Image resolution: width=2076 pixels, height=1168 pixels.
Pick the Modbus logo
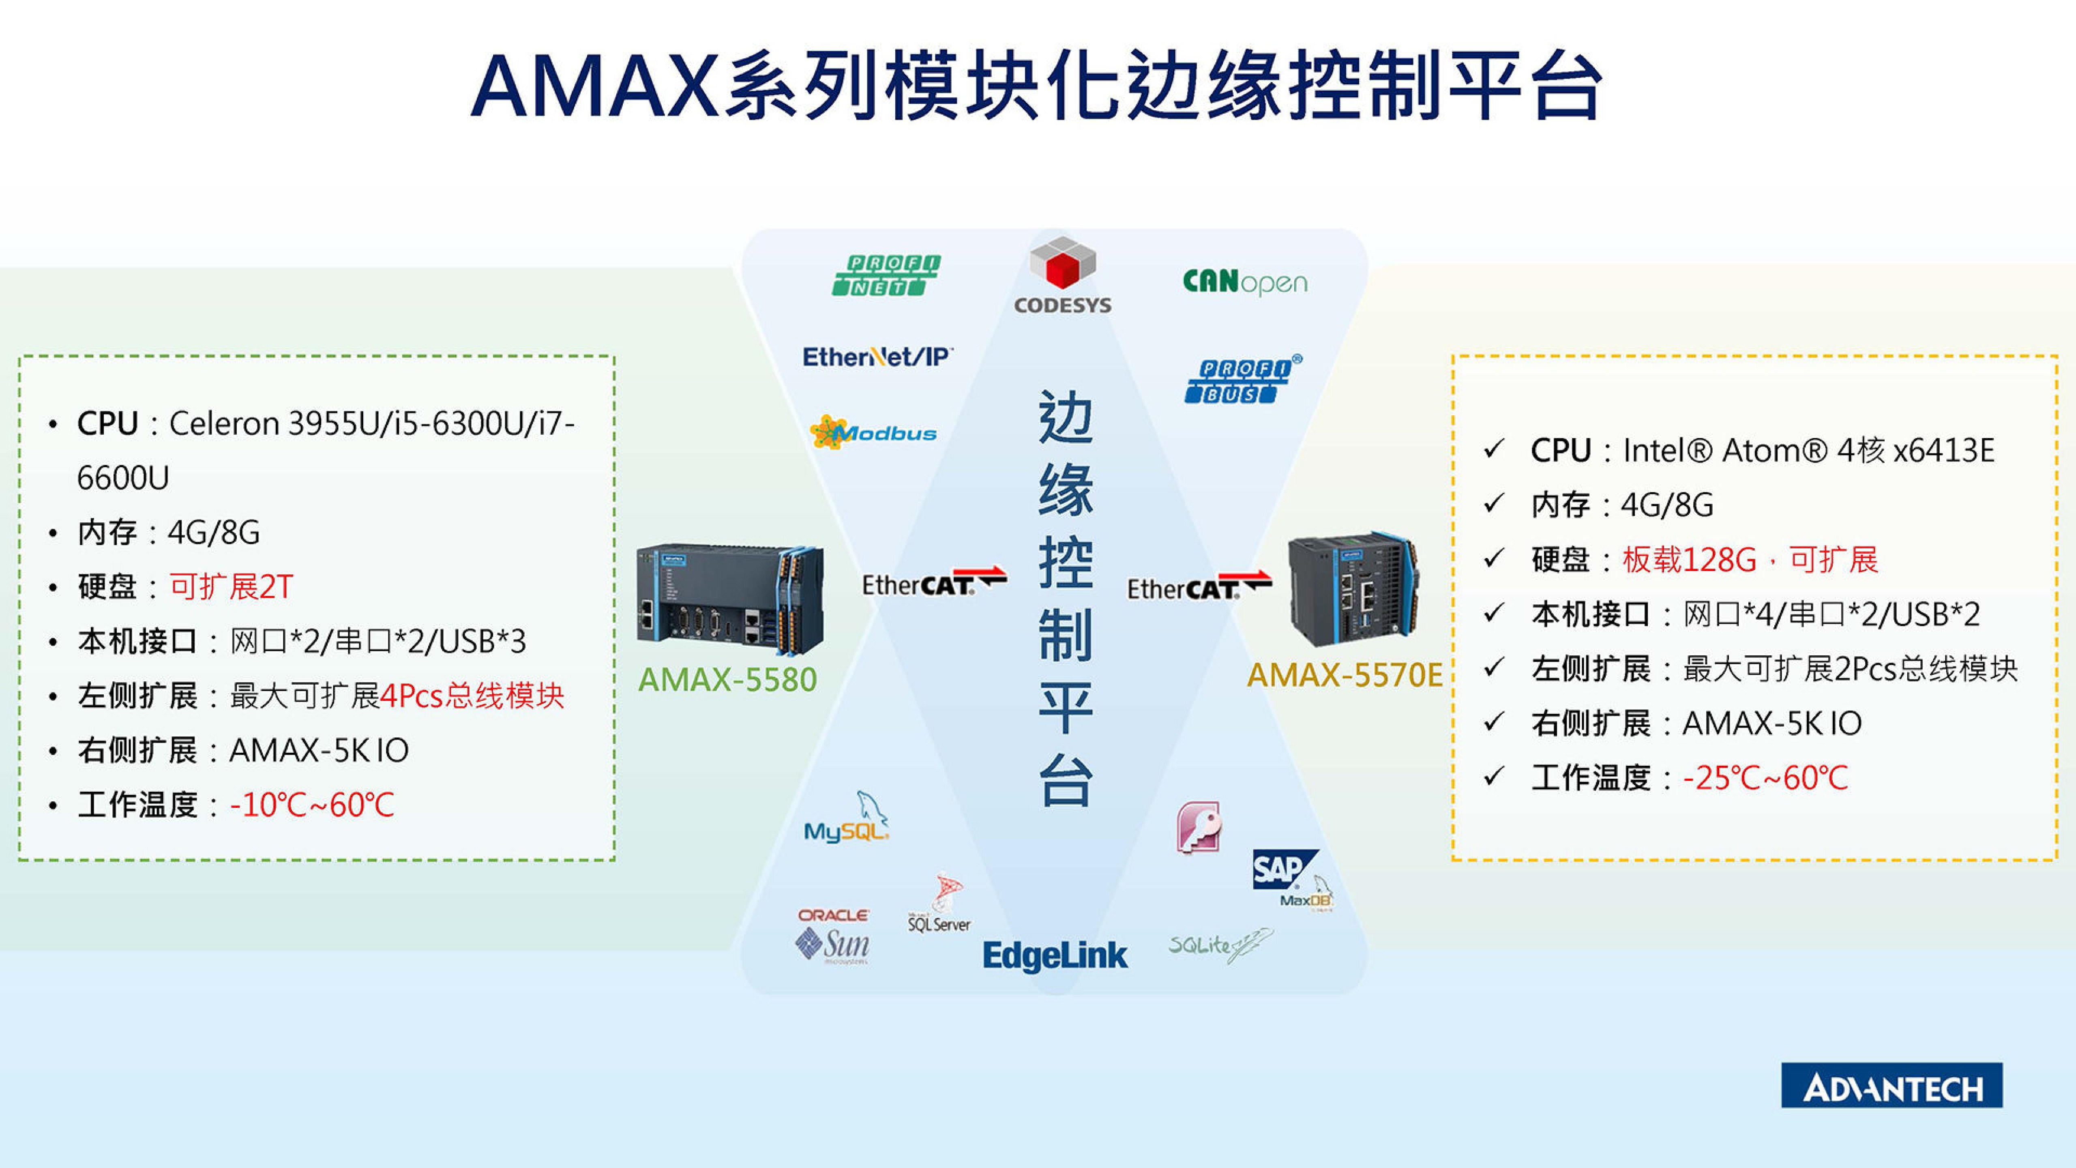(874, 433)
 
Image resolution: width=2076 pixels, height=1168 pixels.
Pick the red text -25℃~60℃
(1765, 778)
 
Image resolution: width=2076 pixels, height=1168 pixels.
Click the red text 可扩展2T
(231, 587)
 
